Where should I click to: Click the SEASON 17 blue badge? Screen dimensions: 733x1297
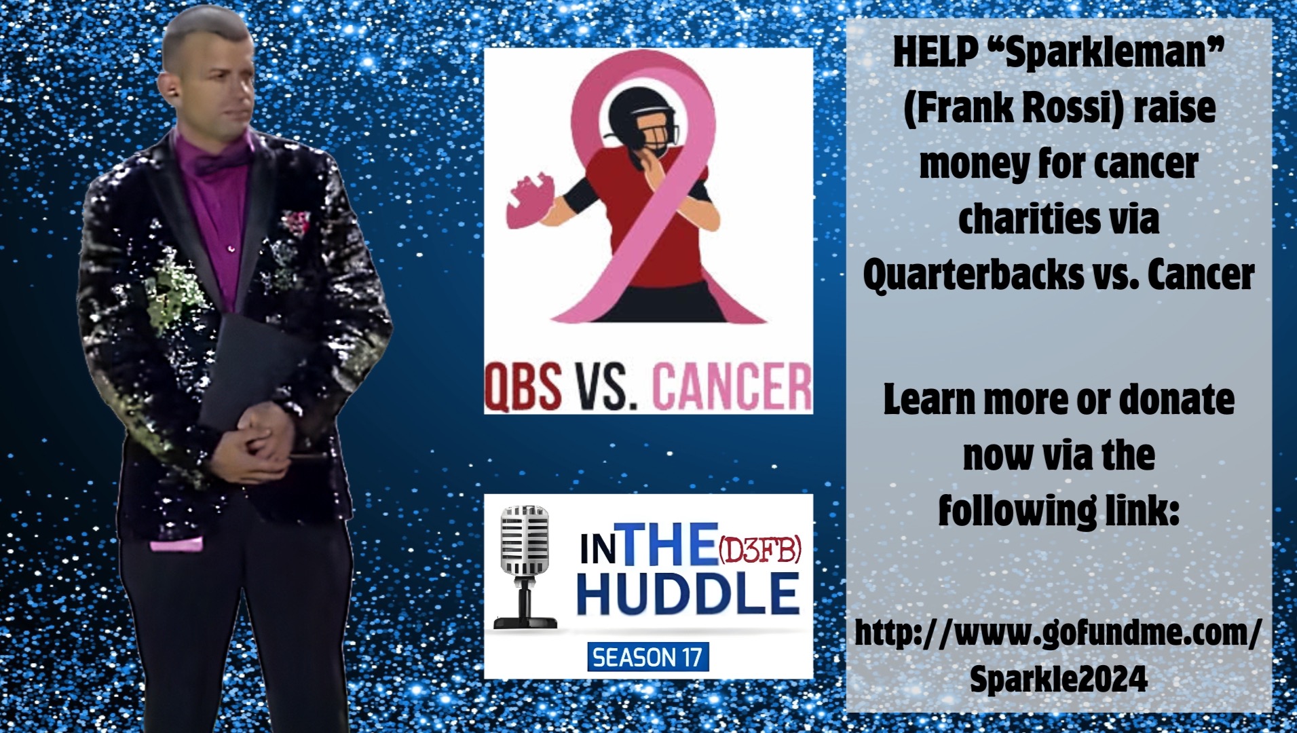coord(647,656)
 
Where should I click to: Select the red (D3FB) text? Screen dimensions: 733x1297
coord(759,551)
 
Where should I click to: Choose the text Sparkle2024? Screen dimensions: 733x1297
coord(1058,679)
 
